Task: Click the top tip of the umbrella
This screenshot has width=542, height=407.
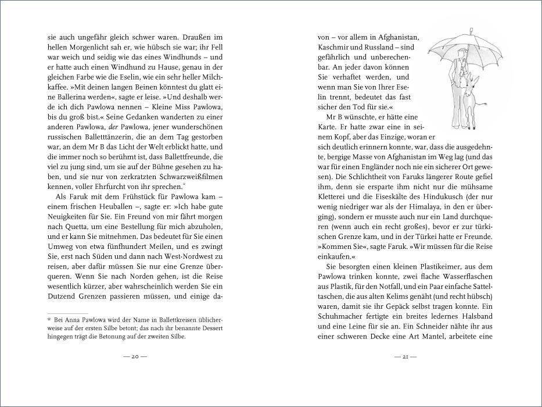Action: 471,28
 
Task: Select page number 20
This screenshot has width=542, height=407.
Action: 135,356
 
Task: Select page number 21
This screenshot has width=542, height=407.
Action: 405,356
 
